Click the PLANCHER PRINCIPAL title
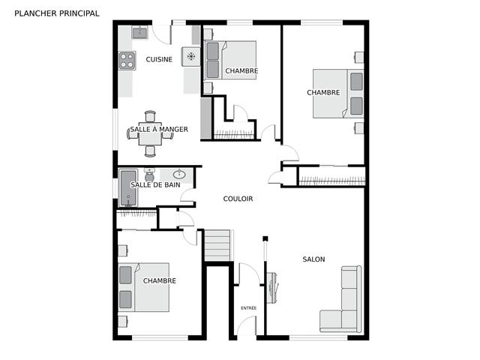tap(57, 13)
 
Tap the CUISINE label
tap(159, 59)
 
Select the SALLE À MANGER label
tap(159, 129)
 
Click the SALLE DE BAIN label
tap(155, 184)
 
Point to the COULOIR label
tap(238, 199)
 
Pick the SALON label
tap(313, 259)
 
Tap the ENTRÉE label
tap(248, 308)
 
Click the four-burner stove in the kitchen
tap(127, 60)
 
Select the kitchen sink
tap(140, 32)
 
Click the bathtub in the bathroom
tap(128, 187)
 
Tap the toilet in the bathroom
tap(149, 175)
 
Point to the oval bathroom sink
tap(179, 175)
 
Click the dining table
tap(150, 134)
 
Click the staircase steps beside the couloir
tap(217, 245)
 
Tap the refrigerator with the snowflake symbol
tap(191, 57)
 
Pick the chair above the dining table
tap(150, 116)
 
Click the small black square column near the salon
tap(265, 238)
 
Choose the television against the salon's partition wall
tap(272, 288)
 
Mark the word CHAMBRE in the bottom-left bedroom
tap(160, 280)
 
